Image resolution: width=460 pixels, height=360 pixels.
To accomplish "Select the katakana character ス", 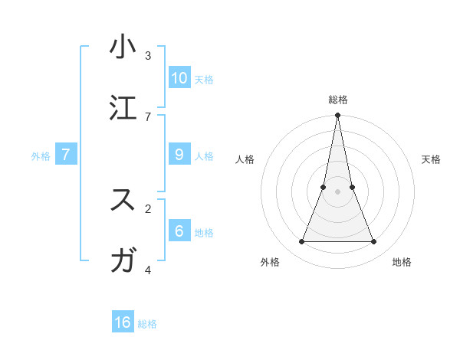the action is [x=123, y=200].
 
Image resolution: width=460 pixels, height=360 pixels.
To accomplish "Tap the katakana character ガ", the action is [x=123, y=261].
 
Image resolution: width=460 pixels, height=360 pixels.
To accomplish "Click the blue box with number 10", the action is [x=179, y=77].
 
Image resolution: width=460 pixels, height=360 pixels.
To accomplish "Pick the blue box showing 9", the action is [x=179, y=154].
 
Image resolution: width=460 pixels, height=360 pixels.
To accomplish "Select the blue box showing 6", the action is [x=179, y=231].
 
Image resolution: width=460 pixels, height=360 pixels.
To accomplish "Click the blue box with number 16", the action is [x=123, y=322].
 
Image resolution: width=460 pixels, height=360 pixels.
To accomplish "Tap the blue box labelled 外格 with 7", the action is [x=66, y=154].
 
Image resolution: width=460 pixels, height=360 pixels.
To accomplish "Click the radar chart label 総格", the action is [x=337, y=100].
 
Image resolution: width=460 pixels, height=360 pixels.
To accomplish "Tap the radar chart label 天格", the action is [x=431, y=159].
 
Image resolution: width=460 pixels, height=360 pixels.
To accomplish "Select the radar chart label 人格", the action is [x=245, y=159].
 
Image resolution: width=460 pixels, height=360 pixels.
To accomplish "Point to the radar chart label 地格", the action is [x=402, y=262].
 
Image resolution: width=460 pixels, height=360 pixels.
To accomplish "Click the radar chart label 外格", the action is [x=270, y=262].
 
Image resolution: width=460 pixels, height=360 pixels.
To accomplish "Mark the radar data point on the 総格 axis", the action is [x=337, y=116].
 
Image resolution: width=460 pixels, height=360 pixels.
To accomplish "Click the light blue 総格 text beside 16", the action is [x=147, y=324].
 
